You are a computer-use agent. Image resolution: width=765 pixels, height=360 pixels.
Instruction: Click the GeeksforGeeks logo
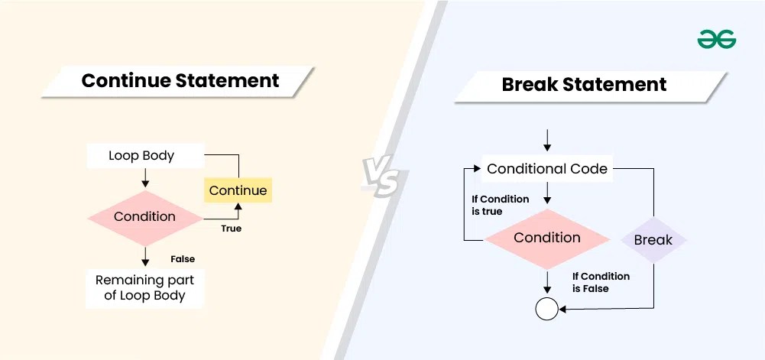tap(716, 39)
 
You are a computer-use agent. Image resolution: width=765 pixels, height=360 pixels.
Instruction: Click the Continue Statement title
tap(180, 80)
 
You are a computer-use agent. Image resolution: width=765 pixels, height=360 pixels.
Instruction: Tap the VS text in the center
tap(380, 177)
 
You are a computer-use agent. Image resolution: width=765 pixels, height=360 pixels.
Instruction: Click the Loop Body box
tap(141, 156)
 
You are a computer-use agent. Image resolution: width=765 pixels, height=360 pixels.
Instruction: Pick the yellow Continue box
tap(238, 190)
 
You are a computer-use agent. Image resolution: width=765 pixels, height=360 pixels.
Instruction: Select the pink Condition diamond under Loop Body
tap(144, 217)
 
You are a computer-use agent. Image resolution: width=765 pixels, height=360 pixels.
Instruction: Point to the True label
tap(231, 228)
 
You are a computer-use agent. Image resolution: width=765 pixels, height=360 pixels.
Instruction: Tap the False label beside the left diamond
tap(183, 259)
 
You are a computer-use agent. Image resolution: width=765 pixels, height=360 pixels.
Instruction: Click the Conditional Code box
tap(547, 169)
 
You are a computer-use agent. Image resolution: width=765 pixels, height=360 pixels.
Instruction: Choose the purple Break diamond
tap(653, 240)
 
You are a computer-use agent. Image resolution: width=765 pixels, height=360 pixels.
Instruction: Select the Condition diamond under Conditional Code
tap(547, 238)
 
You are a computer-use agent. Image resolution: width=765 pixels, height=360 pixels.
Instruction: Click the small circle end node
tap(547, 309)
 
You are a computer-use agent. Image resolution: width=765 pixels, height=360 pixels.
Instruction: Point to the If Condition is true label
tap(500, 205)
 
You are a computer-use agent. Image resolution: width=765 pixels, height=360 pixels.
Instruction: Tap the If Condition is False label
tap(601, 282)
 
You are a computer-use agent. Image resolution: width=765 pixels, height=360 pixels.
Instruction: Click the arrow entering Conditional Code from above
tap(547, 141)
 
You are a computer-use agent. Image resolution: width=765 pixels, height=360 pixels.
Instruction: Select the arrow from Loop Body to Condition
tap(145, 179)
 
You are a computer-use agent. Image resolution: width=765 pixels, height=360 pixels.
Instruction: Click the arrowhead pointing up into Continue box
tap(238, 207)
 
